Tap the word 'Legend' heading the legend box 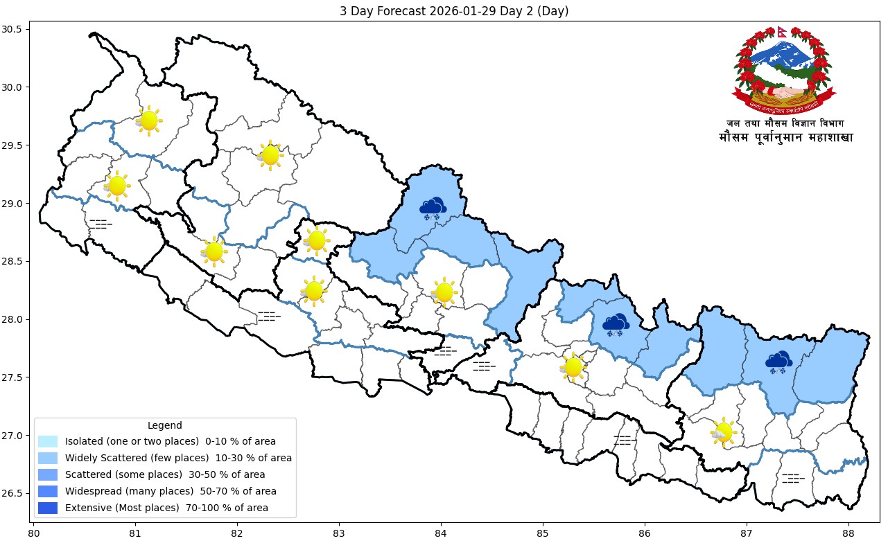click(165, 425)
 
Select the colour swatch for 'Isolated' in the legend click(48, 441)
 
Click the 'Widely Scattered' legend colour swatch click(48, 458)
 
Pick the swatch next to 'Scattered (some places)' click(48, 474)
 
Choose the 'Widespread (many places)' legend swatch click(48, 491)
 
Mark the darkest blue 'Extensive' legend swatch click(48, 508)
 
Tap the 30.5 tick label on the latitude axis click(15, 29)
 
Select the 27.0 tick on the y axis click(15, 436)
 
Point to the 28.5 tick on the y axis click(15, 261)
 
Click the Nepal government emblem click(784, 71)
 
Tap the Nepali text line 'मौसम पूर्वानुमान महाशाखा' click(786, 138)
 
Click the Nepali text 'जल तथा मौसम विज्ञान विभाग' click(785, 123)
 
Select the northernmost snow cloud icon click(433, 208)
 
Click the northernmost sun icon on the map click(148, 121)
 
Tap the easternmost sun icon click(723, 432)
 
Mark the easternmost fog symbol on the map click(793, 479)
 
